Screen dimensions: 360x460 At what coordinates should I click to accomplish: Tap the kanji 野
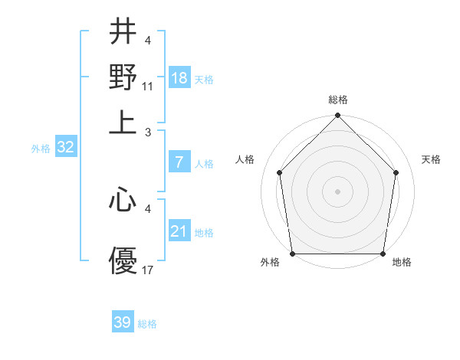coord(123,77)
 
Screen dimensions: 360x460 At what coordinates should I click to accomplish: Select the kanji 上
coord(123,121)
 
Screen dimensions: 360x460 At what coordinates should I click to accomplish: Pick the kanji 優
coord(123,261)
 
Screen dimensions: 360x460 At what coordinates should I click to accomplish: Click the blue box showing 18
coord(179,79)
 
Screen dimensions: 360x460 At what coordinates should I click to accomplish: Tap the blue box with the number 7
coord(179,162)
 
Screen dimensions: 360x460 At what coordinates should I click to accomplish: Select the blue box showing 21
coord(179,231)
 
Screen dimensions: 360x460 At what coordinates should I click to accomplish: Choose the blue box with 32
coord(65,148)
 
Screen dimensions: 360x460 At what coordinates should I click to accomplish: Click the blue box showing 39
coord(123,322)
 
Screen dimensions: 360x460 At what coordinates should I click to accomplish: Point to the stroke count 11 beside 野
coord(148,86)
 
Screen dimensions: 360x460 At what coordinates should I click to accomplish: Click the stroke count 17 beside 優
coord(148,270)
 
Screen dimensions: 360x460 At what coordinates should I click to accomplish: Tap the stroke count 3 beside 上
coord(148,131)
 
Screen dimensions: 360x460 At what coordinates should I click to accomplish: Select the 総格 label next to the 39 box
coord(147,324)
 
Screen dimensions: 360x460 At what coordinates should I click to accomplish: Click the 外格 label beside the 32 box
coord(41,149)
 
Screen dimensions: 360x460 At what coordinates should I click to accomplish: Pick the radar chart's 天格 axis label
coord(432,159)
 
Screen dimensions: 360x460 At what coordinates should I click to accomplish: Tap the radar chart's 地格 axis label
coord(402,262)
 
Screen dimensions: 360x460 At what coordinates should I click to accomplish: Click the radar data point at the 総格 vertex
coord(337,117)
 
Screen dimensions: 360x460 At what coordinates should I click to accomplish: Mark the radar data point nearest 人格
coord(279,172)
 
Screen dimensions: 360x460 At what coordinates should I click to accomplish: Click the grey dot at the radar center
coord(337,190)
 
